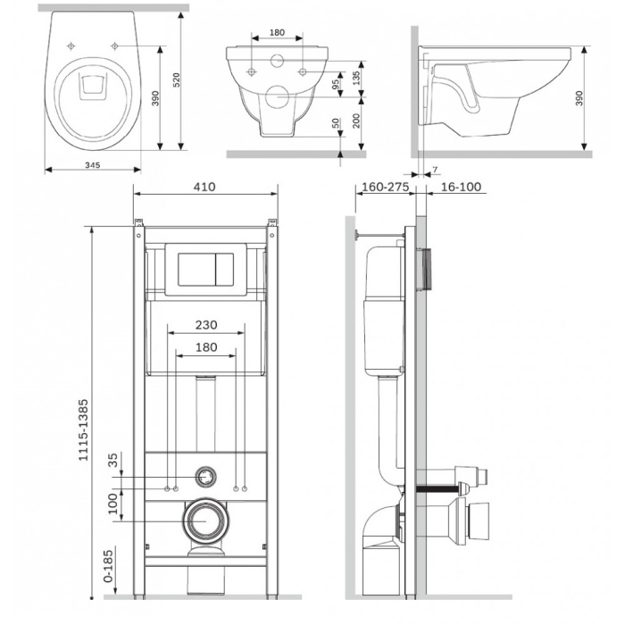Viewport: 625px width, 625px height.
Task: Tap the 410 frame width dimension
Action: click(204, 187)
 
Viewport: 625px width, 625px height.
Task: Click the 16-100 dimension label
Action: click(461, 187)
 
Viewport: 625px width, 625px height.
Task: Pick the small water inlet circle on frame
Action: click(205, 477)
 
